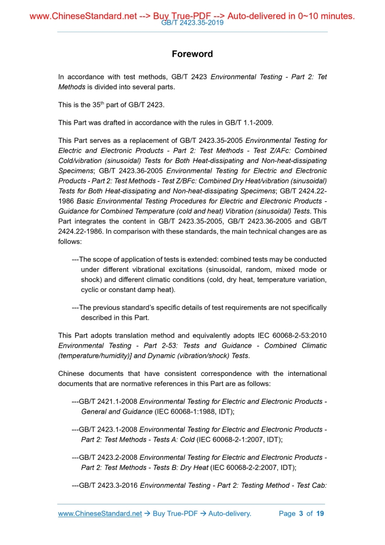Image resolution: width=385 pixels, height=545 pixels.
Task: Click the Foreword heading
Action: pos(192,54)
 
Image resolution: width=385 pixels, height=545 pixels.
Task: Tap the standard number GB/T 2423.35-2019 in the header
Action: pos(192,23)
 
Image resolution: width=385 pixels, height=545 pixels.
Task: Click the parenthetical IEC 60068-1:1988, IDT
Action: pos(194,412)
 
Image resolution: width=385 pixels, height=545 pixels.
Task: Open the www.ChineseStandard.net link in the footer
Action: pos(100,513)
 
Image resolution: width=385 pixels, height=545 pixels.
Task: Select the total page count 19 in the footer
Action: pos(320,513)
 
